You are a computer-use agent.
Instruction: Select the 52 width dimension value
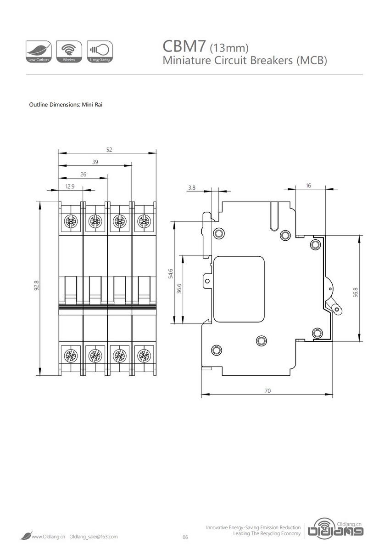[109, 149]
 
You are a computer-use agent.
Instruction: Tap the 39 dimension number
[95, 162]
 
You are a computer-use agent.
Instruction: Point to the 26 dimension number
[83, 175]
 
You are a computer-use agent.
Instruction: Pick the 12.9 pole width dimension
[70, 187]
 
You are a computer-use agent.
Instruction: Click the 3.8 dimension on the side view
[192, 187]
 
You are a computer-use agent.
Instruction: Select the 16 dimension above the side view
[308, 186]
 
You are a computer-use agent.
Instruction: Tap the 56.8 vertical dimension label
[356, 293]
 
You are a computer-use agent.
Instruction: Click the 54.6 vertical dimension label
[170, 273]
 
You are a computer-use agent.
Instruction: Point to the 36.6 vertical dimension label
[179, 288]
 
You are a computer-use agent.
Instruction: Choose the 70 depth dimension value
[268, 391]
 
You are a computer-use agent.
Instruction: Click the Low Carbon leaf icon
[39, 51]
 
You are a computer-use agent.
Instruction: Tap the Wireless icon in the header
[69, 51]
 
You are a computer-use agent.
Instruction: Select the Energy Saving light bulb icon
[100, 51]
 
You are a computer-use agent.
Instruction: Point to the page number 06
[185, 537]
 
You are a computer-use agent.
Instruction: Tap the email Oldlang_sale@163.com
[94, 537]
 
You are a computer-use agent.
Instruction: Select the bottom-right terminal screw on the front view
[144, 355]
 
